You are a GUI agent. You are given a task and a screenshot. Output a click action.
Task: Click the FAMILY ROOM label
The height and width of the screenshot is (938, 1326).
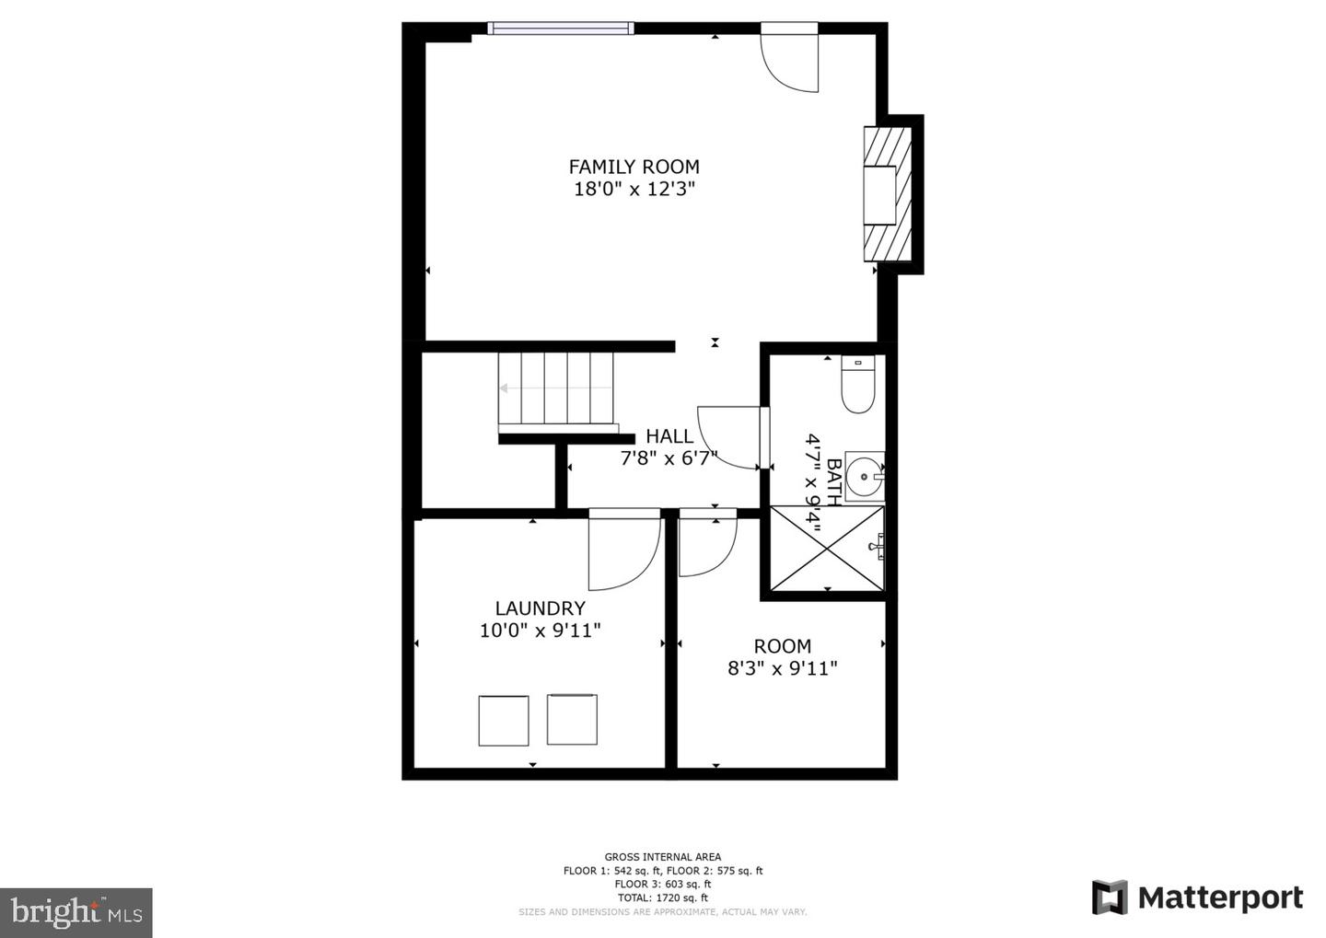pos(634,167)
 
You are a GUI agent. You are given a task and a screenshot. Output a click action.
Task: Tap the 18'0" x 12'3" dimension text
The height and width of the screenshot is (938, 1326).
pos(634,190)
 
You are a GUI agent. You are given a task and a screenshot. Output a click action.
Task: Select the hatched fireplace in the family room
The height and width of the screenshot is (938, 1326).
pos(888,194)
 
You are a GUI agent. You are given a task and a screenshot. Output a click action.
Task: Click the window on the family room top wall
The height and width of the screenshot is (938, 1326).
pos(560,29)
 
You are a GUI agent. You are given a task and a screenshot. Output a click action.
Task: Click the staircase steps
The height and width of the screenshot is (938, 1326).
pos(556,388)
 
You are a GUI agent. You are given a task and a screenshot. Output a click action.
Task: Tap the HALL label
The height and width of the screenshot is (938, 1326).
pos(669,436)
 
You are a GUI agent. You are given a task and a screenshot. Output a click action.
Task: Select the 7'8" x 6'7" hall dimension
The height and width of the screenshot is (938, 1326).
pos(669,458)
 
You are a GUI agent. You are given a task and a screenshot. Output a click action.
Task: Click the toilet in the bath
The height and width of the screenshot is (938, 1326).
pos(857,385)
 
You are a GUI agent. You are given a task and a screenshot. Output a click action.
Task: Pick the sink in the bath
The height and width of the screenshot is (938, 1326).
pos(865,476)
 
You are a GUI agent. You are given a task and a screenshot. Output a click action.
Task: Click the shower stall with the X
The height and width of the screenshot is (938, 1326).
pos(827,548)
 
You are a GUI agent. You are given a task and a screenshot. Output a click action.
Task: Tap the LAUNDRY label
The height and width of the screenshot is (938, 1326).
pos(540,608)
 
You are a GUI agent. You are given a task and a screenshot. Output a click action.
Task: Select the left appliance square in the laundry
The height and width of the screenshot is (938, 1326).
pos(504,721)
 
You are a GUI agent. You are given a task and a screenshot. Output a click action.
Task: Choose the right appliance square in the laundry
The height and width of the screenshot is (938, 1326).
pos(572,720)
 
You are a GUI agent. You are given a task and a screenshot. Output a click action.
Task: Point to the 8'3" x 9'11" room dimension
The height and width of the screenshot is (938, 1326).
pos(783,668)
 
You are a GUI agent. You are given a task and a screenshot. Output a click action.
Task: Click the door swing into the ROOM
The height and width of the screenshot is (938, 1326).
pos(705,547)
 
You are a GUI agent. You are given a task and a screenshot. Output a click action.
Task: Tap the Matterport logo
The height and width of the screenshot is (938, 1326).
pos(1197,897)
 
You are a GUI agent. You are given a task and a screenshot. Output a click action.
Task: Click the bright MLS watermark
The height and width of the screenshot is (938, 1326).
pos(76,912)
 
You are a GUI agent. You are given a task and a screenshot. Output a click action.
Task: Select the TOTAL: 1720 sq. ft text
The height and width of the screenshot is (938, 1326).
pos(663,897)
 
